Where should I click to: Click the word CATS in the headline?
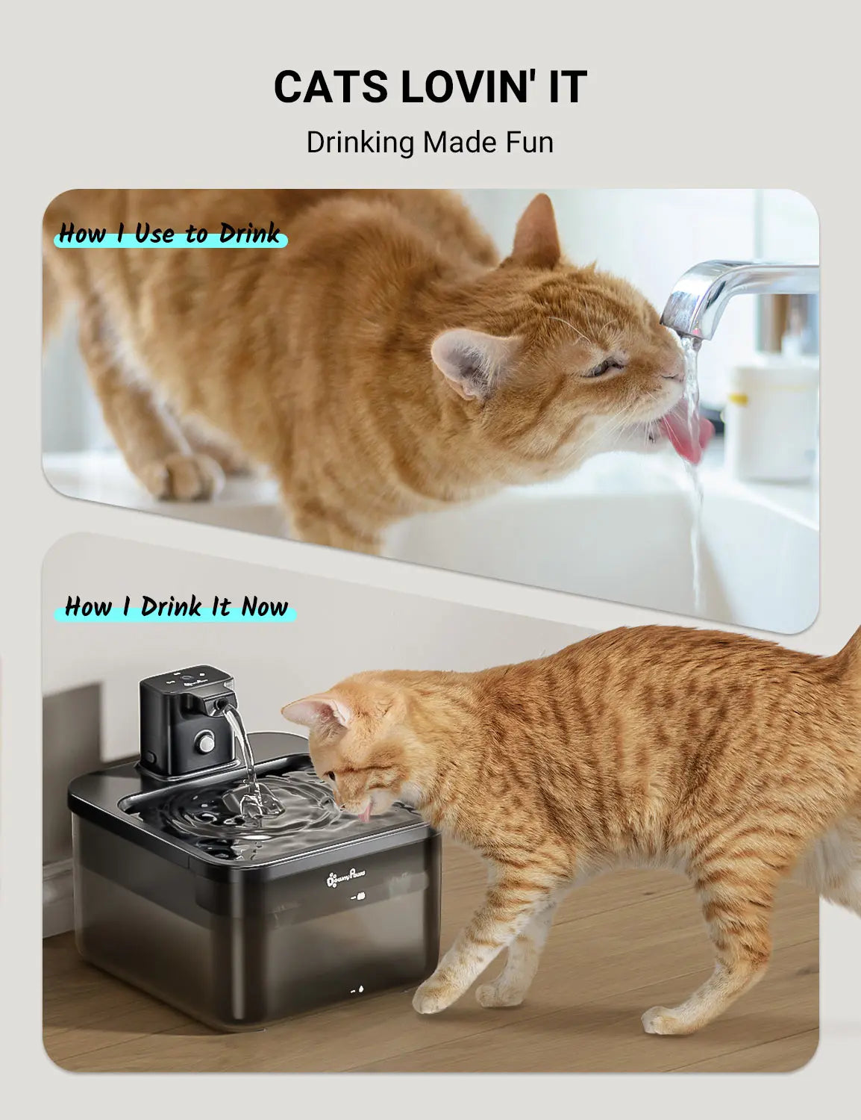coord(331,87)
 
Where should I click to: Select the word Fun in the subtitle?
coord(527,142)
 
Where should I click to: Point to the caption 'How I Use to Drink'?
coord(170,234)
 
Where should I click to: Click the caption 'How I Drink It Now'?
coord(176,607)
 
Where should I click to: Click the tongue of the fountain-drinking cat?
coord(365,812)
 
